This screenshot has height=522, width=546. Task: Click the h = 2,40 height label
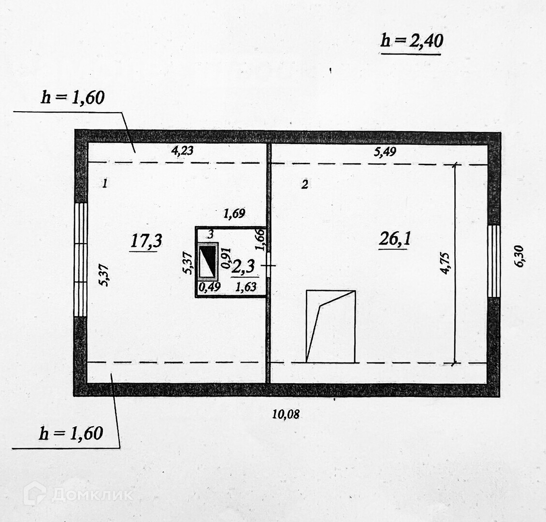pos(412,41)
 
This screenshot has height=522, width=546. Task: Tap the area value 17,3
pos(145,241)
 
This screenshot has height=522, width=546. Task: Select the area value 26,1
pos(395,239)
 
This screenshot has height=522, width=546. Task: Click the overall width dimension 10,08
pos(285,414)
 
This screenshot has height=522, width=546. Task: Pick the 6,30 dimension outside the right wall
pos(519,256)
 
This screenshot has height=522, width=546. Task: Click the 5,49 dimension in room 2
pos(385,152)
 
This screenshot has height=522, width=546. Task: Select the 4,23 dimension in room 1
pos(182,150)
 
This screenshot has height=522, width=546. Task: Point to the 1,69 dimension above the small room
pos(234,213)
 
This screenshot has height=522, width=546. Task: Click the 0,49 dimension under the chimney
pos(210,287)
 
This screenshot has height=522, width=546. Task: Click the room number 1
pos(104,183)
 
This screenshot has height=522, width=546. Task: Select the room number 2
pos(304,184)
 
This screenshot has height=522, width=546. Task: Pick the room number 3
pos(210,234)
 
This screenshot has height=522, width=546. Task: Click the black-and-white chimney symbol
pos(208,261)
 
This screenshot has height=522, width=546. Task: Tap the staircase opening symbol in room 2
pos(331,326)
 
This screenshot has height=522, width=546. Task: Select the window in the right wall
pos(493,261)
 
